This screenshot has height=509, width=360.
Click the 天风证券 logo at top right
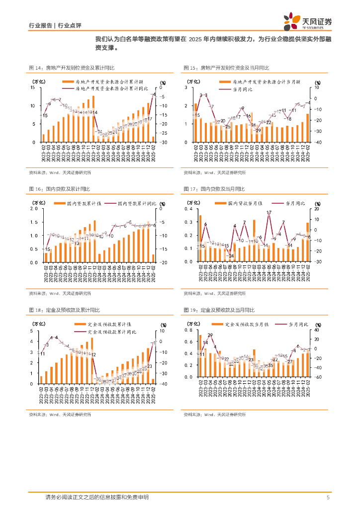308,21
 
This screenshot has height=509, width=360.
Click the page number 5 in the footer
328,498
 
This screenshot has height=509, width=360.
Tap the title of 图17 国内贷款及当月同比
219,189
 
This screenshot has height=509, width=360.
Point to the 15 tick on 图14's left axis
32,87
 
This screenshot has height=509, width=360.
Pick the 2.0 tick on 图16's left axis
34,209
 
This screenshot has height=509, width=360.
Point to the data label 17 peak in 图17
269,213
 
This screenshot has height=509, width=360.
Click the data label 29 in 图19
210,336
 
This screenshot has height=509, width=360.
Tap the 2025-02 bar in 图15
307,128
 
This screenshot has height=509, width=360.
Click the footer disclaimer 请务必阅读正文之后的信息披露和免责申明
96,497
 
